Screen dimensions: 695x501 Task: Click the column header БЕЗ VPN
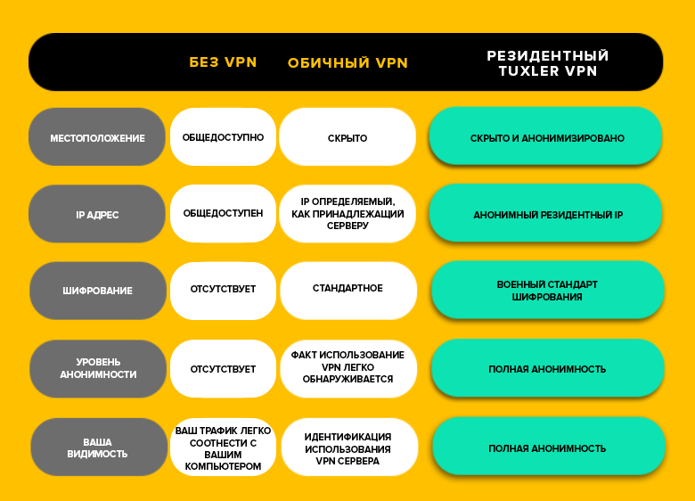[223, 62]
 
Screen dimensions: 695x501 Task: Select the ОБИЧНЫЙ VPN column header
[347, 63]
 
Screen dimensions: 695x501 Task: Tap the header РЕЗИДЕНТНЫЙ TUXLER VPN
[548, 63]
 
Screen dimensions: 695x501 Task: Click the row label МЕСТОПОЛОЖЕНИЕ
[97, 137]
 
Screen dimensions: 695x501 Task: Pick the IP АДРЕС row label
[97, 214]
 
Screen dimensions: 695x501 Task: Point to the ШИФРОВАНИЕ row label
[98, 291]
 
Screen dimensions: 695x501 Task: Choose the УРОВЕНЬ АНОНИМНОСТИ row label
[98, 368]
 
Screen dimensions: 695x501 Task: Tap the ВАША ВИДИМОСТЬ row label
[99, 447]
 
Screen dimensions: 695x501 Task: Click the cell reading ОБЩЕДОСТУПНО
[223, 137]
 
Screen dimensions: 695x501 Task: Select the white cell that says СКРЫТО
[347, 137]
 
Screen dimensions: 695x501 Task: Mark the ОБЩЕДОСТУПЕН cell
[223, 214]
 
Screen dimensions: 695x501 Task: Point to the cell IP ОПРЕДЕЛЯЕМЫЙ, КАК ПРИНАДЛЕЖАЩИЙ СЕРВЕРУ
[347, 214]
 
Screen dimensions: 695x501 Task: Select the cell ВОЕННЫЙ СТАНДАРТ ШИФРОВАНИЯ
[547, 290]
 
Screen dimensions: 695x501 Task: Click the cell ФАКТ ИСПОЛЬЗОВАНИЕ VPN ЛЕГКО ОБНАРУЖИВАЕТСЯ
[348, 368]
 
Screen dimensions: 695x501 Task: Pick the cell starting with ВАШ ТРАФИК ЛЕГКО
[223, 447]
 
